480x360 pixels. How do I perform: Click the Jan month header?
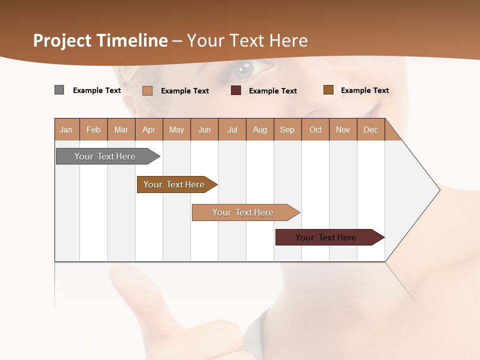point(66,129)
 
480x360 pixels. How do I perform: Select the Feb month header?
point(93,129)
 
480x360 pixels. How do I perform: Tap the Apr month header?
point(148,129)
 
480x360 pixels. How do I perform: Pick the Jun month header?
point(204,129)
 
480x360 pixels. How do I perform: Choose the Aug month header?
point(260,129)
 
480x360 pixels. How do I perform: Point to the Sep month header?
point(287,129)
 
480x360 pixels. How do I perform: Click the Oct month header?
point(315,129)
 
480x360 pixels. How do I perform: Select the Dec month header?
point(370,129)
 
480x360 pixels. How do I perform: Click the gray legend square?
point(59,90)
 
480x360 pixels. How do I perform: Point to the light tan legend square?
point(147,90)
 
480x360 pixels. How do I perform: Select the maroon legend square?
point(236,90)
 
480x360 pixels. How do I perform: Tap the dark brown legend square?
point(328,90)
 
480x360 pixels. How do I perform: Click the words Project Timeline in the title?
point(100,40)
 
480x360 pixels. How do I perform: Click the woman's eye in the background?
point(243,69)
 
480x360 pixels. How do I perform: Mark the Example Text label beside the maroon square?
point(272,91)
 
